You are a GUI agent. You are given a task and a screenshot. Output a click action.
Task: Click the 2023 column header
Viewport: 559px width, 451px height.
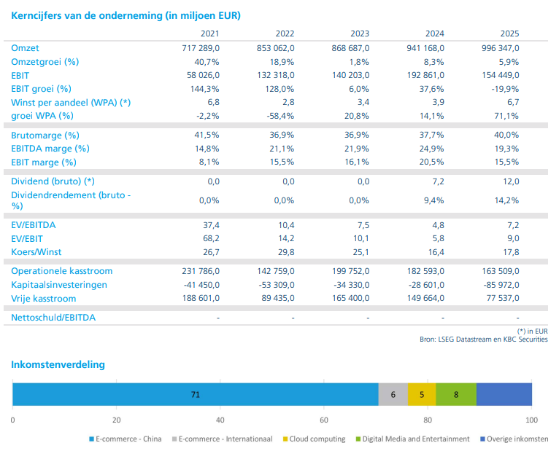(x=359, y=34)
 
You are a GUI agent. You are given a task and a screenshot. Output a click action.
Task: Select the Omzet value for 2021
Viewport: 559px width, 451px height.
(x=201, y=48)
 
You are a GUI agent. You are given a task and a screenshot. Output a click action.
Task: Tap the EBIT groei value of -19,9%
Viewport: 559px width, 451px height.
(x=505, y=89)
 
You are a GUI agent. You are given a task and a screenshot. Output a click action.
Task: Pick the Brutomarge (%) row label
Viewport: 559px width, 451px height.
(x=45, y=136)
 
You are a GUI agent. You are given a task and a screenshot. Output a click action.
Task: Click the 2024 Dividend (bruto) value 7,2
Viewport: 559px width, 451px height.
(x=438, y=181)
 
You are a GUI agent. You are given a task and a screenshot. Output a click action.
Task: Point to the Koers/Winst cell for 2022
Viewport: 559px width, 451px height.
(x=286, y=252)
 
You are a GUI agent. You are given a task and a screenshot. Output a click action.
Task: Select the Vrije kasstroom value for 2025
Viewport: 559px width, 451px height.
(x=503, y=298)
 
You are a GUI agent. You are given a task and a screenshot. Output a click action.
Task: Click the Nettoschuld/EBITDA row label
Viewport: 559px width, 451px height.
(x=53, y=318)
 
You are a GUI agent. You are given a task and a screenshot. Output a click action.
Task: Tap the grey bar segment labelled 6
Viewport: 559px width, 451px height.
(x=393, y=394)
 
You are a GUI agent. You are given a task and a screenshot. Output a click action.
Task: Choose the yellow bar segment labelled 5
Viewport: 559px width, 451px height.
(x=422, y=394)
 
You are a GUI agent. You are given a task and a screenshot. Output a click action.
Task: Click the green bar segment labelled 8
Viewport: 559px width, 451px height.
(x=456, y=394)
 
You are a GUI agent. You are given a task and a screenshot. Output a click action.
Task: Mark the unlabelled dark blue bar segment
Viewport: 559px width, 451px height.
(x=504, y=394)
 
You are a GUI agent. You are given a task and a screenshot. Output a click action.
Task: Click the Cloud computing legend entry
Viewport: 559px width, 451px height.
(x=314, y=439)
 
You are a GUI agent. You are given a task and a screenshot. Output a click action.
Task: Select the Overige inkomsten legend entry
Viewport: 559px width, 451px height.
(x=514, y=439)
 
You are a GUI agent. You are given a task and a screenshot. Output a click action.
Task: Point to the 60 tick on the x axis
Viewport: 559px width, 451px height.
(x=324, y=420)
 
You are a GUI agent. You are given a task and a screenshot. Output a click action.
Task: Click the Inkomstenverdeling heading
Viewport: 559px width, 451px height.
(x=58, y=365)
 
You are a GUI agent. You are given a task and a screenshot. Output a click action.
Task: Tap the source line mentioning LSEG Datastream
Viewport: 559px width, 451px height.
(x=483, y=340)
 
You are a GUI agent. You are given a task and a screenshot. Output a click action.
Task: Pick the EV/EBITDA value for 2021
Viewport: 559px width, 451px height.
(x=211, y=225)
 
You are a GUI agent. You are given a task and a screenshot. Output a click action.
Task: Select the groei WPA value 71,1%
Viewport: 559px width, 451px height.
(x=506, y=116)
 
